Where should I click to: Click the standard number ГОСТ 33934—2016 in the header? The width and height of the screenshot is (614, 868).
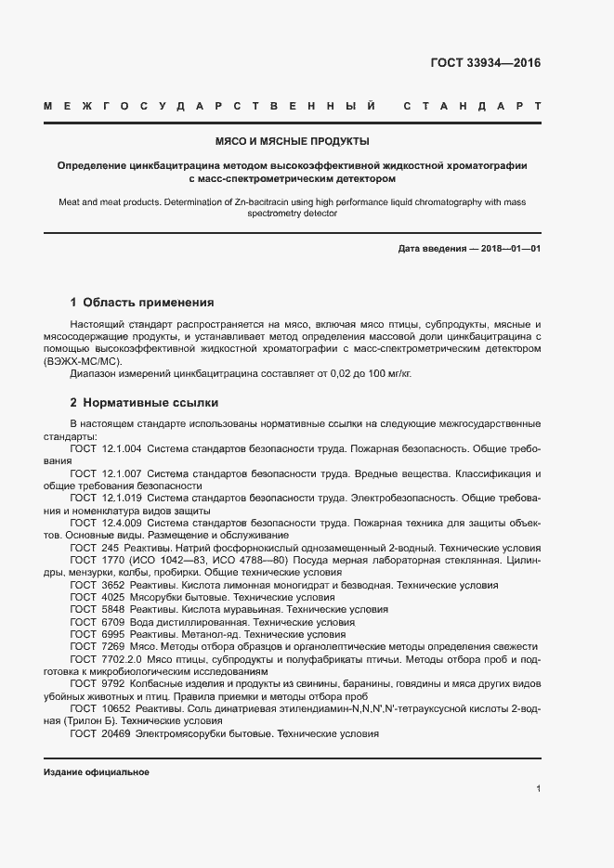click(x=485, y=63)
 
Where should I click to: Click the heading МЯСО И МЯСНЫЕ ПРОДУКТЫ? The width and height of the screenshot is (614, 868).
click(x=293, y=142)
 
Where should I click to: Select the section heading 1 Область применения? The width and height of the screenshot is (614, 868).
click(x=142, y=303)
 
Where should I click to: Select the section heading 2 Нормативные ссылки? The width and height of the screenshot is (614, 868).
click(x=144, y=404)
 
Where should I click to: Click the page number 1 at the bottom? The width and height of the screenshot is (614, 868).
click(x=539, y=789)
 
